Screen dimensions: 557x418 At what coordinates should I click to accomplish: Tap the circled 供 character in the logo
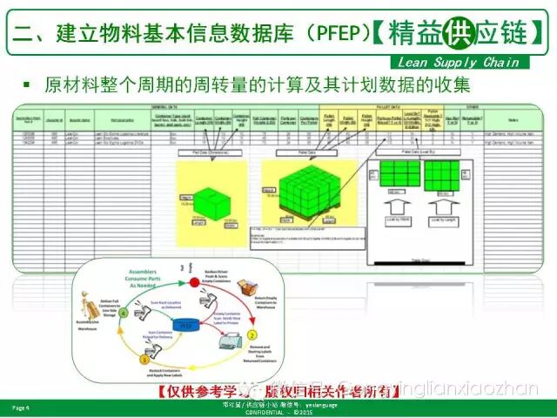[453, 33]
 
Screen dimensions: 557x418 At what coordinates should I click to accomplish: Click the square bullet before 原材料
[26, 85]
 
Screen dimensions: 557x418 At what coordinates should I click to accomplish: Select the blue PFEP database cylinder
[185, 325]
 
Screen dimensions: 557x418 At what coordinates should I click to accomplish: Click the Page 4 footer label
[21, 407]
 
